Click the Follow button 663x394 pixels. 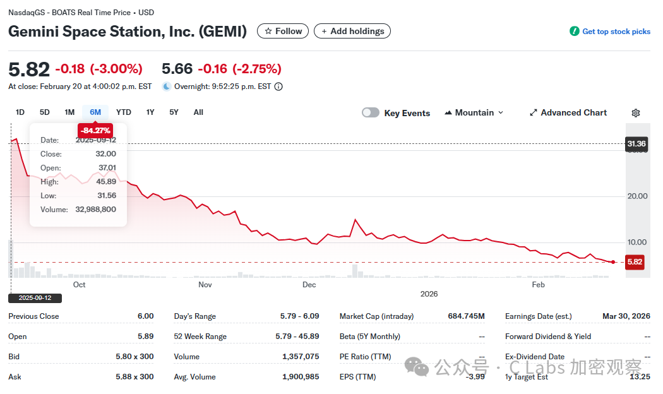[x=283, y=31]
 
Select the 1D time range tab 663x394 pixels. [x=20, y=112]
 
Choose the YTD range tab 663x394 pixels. [x=124, y=112]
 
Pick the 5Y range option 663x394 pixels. [x=174, y=112]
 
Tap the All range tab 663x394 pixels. [x=198, y=112]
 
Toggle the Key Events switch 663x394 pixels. [x=371, y=112]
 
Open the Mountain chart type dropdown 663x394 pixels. [x=474, y=112]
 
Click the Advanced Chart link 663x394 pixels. [x=568, y=112]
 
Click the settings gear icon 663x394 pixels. [x=636, y=113]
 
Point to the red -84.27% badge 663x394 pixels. [x=95, y=131]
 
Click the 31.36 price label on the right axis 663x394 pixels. [x=636, y=144]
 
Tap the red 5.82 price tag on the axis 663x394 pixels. [x=635, y=262]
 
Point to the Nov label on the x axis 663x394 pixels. [x=205, y=285]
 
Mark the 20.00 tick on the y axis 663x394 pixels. [x=637, y=196]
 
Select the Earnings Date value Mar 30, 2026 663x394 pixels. [x=626, y=316]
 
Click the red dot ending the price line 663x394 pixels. [x=613, y=262]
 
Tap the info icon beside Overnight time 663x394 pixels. [x=278, y=87]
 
